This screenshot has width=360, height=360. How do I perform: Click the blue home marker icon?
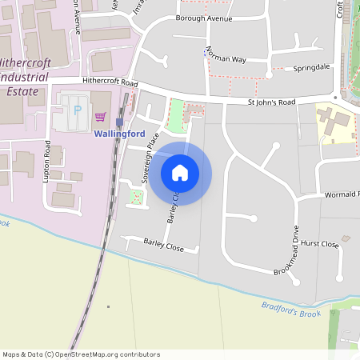pyautogui.click(x=180, y=173)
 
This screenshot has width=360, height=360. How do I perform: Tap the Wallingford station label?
pyautogui.click(x=119, y=134)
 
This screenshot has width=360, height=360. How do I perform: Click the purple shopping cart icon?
pyautogui.click(x=101, y=115)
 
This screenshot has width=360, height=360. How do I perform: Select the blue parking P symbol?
pyautogui.click(x=77, y=110)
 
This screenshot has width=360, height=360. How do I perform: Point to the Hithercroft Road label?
pyautogui.click(x=109, y=82)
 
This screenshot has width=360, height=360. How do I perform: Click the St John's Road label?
pyautogui.click(x=272, y=102)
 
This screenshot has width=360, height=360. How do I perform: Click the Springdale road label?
pyautogui.click(x=312, y=69)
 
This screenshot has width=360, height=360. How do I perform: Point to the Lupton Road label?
pyautogui.click(x=46, y=162)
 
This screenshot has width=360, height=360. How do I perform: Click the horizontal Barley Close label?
pyautogui.click(x=163, y=245)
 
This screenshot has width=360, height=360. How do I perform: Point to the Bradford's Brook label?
pyautogui.click(x=290, y=310)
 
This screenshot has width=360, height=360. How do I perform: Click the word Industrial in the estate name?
pyautogui.click(x=26, y=78)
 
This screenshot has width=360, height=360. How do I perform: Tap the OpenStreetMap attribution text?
pyautogui.click(x=82, y=354)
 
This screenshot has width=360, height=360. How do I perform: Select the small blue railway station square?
pyautogui.click(x=119, y=122)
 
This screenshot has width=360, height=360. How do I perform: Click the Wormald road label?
pyautogui.click(x=342, y=194)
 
